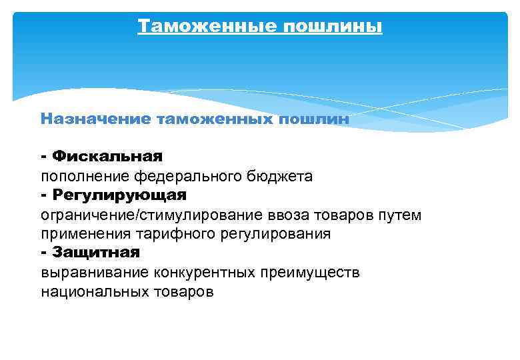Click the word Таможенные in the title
point(207,27)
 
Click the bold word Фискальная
point(107,157)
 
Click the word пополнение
point(85,176)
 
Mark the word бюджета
point(279,176)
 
